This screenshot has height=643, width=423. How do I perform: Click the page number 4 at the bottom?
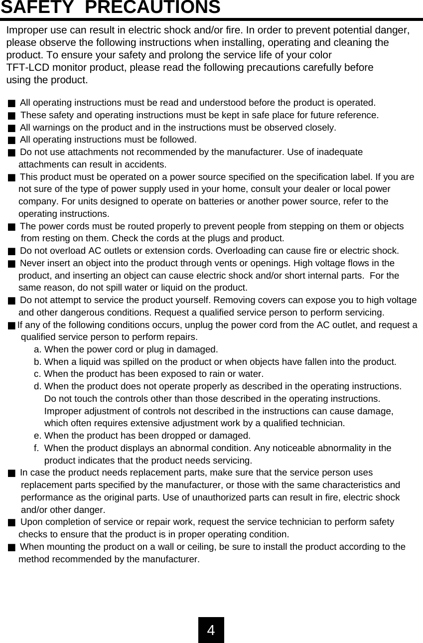[x=211, y=630]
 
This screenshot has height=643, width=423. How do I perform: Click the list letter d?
[x=37, y=386]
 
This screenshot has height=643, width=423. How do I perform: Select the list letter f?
[x=36, y=448]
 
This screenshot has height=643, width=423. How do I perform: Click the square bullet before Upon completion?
[x=11, y=522]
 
